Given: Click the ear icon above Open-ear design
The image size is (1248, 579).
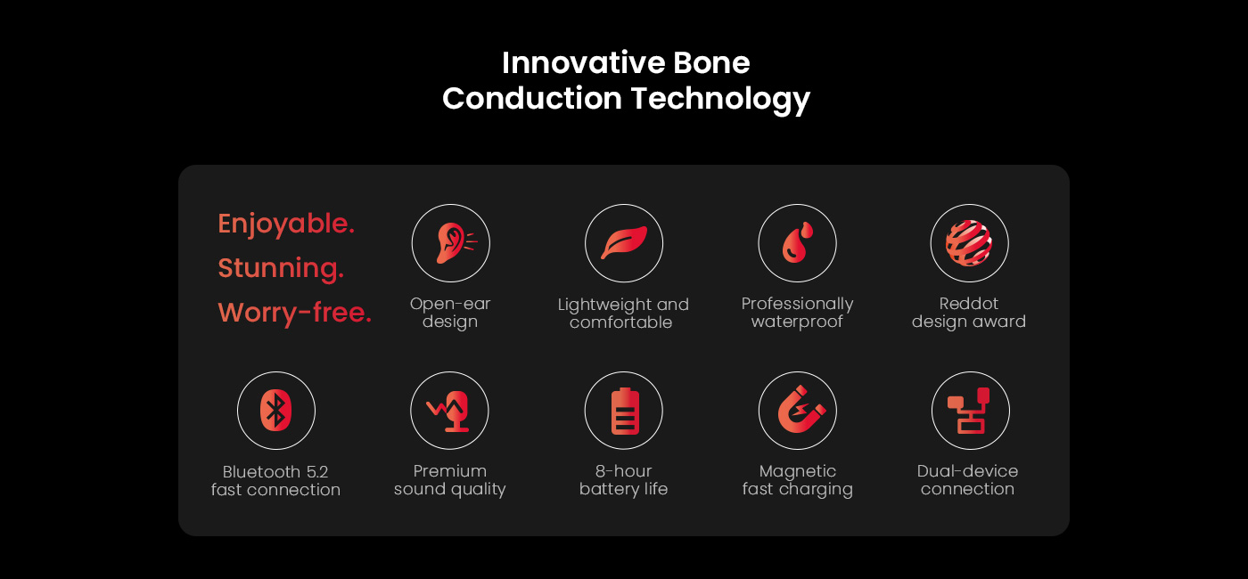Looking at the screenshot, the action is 454,243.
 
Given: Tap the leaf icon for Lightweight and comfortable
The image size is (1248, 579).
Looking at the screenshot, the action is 624,242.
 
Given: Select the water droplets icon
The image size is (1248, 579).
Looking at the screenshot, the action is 798,242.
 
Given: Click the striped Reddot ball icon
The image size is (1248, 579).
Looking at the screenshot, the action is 969,242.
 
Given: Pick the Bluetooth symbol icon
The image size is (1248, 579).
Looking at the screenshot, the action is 275,411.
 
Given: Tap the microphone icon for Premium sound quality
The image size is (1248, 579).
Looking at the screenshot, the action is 449,412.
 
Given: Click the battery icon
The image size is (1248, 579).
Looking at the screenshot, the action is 625,411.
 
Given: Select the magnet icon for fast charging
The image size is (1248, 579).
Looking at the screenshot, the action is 801,410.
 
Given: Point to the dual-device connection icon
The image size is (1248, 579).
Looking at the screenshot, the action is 970,411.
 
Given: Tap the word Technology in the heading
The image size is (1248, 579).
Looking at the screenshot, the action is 720,100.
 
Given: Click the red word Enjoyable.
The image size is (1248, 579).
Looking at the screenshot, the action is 286,224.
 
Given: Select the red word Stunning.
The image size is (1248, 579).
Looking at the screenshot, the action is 281,268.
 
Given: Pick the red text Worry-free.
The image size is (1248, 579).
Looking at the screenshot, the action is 295,313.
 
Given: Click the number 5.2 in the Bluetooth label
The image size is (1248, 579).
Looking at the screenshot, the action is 317,471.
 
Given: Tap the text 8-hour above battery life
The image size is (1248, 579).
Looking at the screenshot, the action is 623,471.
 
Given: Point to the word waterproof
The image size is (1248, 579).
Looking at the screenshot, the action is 797,322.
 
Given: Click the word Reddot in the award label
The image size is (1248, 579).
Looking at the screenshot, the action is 969,304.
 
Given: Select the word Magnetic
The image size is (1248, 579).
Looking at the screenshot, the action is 798,471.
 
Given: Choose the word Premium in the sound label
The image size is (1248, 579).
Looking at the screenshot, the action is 450,471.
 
